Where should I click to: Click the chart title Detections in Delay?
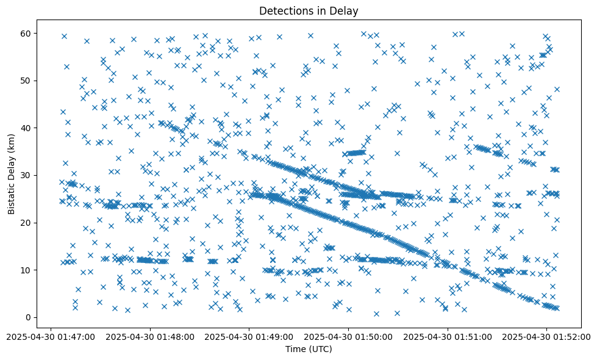point(309,10)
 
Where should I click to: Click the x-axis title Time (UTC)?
point(309,349)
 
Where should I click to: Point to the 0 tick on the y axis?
point(28,317)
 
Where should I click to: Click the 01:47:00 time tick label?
point(51,336)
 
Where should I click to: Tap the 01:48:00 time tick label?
point(150,336)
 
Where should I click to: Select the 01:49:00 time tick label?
point(249,336)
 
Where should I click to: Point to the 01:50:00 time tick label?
point(349,336)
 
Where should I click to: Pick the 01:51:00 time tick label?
point(448,336)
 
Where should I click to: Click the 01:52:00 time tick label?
point(547,336)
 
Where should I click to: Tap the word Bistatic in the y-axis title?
point(12,196)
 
